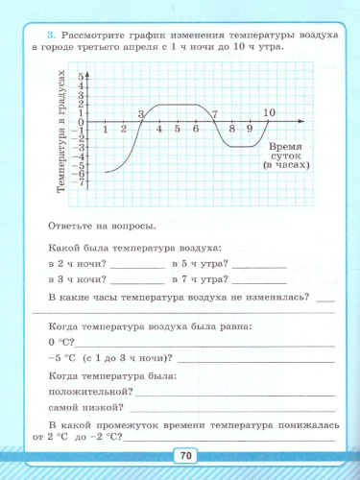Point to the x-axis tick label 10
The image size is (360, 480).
click(x=269, y=113)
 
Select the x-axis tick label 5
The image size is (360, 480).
click(x=178, y=129)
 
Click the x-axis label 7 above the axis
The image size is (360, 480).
click(x=215, y=114)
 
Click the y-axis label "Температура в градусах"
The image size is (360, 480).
click(x=60, y=132)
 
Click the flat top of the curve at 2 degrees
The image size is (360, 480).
click(x=178, y=104)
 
